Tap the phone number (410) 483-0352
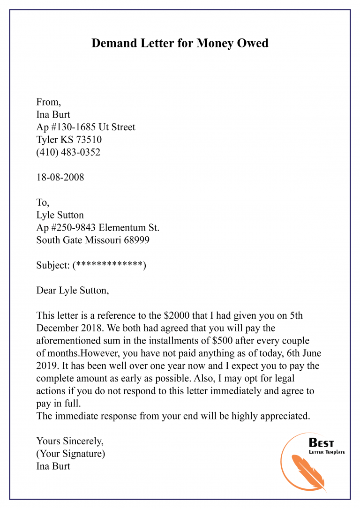tap(68, 152)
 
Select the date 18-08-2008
tap(60, 178)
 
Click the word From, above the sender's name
tap(48, 102)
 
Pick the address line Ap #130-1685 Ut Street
tap(86, 127)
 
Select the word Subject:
tap(53, 265)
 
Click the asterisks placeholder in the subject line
tap(109, 265)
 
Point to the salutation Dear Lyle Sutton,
tap(73, 291)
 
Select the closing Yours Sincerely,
tap(70, 441)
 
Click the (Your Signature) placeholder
tap(71, 454)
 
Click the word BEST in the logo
tap(322, 442)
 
